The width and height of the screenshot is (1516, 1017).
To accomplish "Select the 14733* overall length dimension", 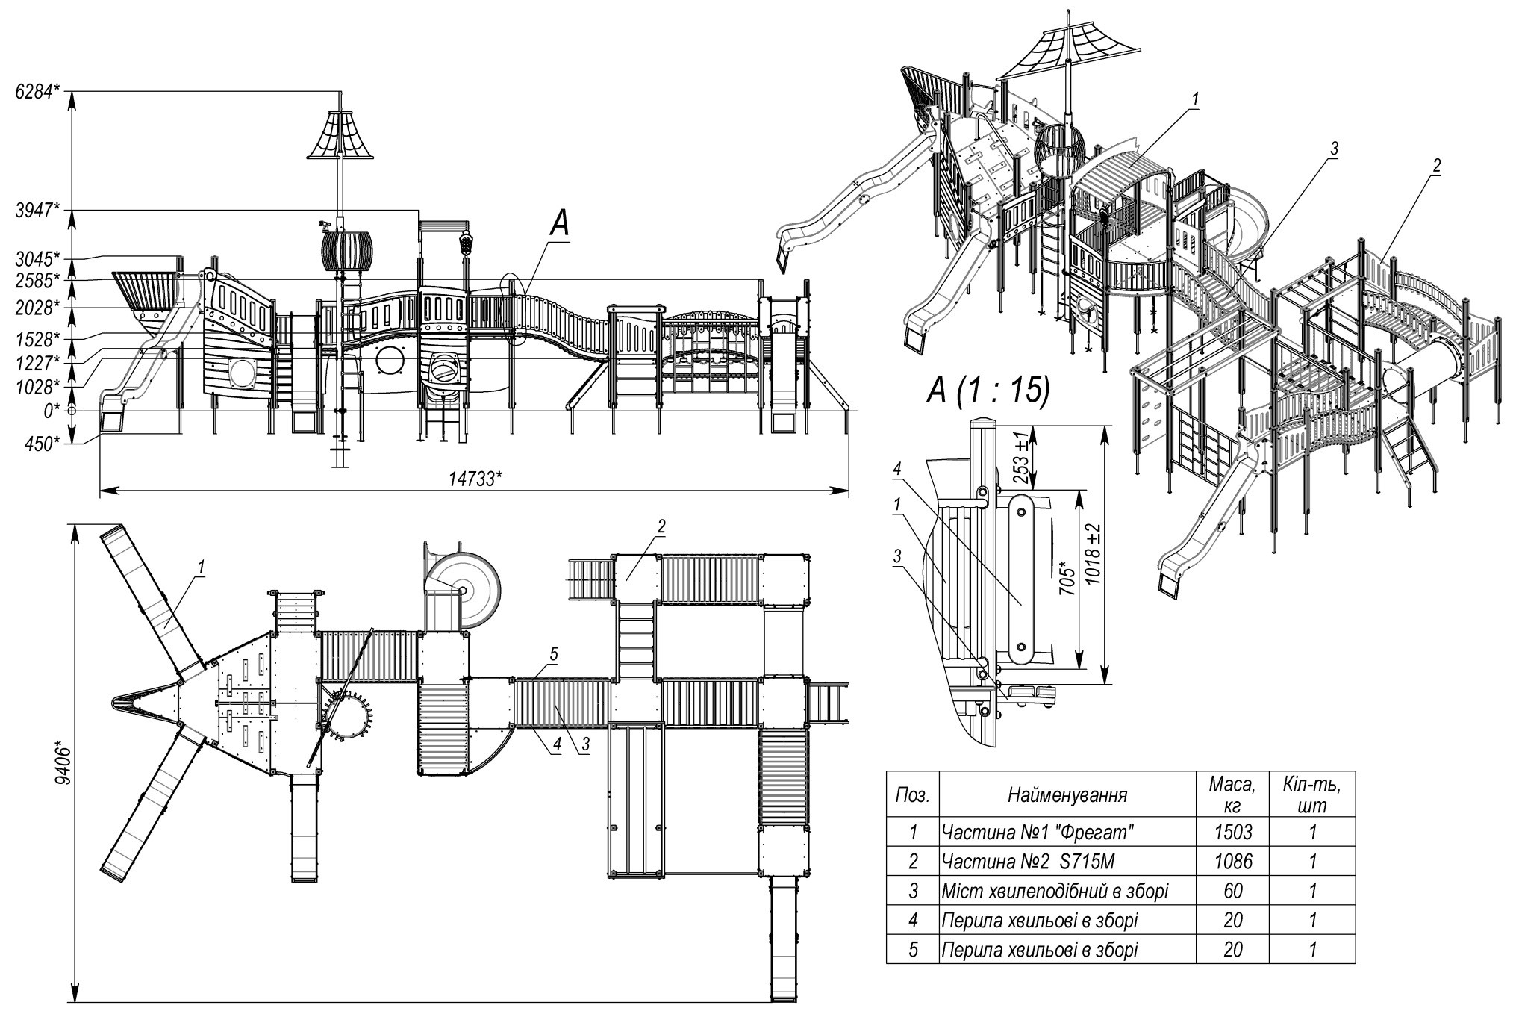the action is [475, 479].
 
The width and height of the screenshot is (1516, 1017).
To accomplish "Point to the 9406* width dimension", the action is [65, 762].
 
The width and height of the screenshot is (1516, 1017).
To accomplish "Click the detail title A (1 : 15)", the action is [988, 389].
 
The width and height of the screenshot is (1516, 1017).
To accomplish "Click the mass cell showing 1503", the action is [1233, 832].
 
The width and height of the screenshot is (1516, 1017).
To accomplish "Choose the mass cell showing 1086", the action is [1233, 861].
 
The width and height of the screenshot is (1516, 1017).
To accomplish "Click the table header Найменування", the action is [1067, 795].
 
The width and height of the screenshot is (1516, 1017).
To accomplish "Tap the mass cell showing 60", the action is [1233, 891].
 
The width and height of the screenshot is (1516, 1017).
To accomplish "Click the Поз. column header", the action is [912, 795].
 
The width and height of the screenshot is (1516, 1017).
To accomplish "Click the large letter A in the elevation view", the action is [560, 225].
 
